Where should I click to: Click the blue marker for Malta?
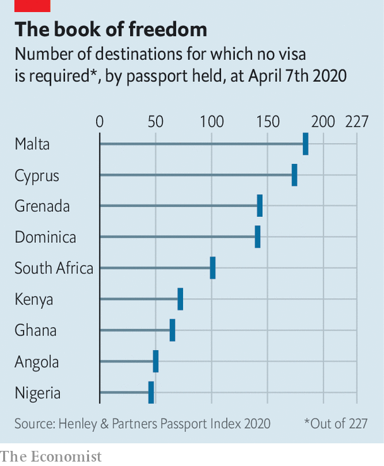[x=306, y=144]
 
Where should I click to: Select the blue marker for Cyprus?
[x=294, y=175]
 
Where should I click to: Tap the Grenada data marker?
[x=260, y=206]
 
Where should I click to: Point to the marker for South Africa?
[x=213, y=268]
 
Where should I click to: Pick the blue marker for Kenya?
[x=180, y=299]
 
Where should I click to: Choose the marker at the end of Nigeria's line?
[x=152, y=392]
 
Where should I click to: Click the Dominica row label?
[x=45, y=238]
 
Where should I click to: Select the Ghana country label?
[x=35, y=330]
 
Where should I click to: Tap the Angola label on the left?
[x=37, y=362]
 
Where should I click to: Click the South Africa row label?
[x=54, y=269]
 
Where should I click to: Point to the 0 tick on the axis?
[x=99, y=122]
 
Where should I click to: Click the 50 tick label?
[x=155, y=122]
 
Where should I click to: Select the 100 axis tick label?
[x=211, y=122]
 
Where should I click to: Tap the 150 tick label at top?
[x=267, y=122]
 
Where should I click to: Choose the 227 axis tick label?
[x=356, y=122]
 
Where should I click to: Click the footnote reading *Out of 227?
[x=335, y=423]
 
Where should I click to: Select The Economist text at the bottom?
[x=51, y=455]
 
